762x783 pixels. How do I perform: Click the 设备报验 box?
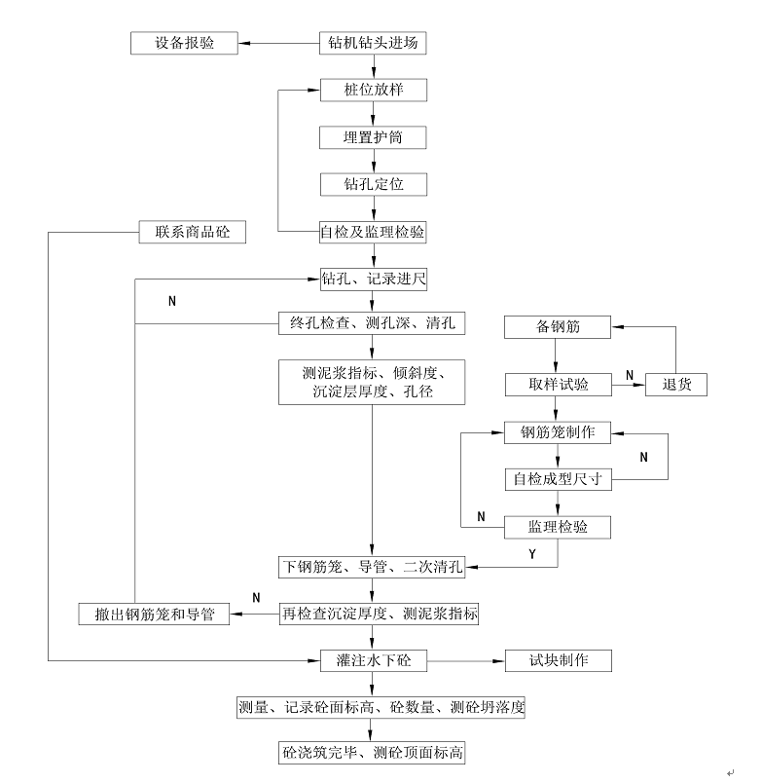coord(184,43)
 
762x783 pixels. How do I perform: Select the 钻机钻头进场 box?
coord(373,43)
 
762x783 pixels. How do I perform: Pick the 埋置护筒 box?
coord(373,137)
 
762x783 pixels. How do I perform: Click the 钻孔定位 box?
coord(373,184)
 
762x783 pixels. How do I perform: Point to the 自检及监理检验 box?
coord(373,232)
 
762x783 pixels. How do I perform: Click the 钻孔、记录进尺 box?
coord(373,279)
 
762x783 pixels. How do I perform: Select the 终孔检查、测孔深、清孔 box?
coord(373,322)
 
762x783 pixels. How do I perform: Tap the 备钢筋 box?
coord(558,327)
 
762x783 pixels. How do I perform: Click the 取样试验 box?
coord(558,384)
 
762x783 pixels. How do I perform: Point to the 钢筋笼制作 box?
coord(558,431)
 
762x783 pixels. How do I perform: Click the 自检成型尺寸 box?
coord(558,478)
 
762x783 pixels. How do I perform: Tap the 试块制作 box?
coord(558,660)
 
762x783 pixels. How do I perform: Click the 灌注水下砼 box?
coord(373,660)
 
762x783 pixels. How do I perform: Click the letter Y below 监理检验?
coord(532,554)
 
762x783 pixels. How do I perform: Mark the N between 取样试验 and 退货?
coord(630,375)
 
